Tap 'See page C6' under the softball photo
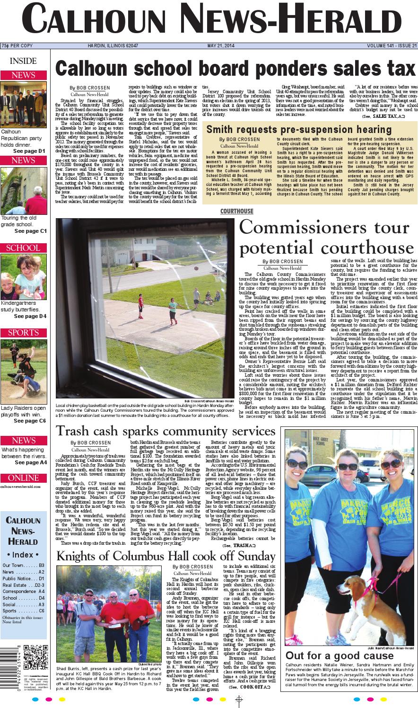[x=30, y=421]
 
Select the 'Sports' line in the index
[x=23, y=611]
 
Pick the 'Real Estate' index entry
[x=23, y=585]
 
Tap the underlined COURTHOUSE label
[x=236, y=211]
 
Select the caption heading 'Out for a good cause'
[x=339, y=656]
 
